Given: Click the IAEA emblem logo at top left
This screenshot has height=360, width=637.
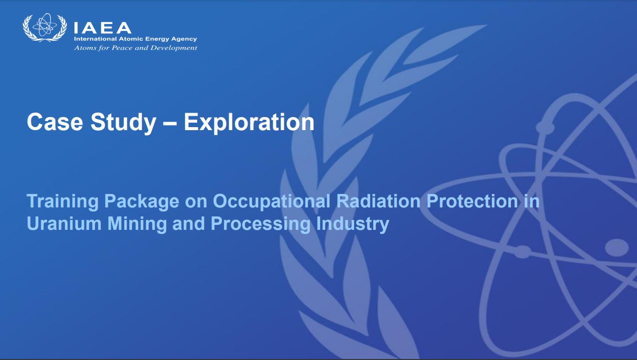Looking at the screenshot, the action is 45,27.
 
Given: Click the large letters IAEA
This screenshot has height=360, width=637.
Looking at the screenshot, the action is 102,28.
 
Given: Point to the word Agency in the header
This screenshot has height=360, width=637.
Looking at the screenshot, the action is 184,39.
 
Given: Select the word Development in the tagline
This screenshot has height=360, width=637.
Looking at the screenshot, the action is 174,48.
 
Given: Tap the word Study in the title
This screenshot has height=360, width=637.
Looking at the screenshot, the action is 123,123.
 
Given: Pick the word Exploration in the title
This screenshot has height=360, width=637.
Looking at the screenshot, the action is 249,123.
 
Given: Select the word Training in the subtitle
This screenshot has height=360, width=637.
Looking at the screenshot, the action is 62,202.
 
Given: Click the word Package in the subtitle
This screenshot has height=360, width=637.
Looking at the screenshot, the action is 142,202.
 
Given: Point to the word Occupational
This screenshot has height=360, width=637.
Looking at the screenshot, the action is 271,202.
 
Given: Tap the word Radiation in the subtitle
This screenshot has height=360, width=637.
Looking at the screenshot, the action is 378,201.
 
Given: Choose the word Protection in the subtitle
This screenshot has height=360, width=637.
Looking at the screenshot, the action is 472,201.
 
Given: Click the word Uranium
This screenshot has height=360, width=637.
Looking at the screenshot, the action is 64,223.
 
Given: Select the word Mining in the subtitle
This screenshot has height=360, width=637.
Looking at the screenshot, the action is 137,224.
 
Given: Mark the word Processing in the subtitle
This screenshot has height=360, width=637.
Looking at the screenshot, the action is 260,224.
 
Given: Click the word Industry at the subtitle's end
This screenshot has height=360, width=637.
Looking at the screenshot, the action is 352,224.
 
